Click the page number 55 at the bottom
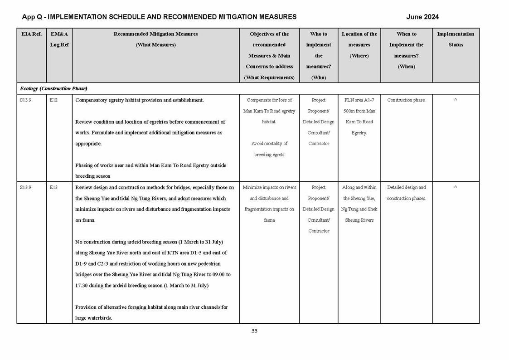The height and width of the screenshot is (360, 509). click(254, 331)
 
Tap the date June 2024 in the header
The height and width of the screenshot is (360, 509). click(422, 17)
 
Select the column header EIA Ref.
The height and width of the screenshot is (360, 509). click(31, 34)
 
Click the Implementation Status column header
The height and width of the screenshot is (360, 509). click(456, 39)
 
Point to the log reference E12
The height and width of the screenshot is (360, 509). click(53, 100)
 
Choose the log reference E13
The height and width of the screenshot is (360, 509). click(53, 187)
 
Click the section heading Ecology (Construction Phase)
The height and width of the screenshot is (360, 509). click(53, 88)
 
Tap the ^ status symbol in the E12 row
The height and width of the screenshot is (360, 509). click(456, 100)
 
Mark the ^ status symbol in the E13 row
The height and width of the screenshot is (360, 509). click(456, 187)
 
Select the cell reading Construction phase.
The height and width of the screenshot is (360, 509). click(406, 100)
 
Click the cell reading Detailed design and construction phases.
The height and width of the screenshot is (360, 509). click(406, 193)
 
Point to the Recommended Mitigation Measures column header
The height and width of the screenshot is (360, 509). click(155, 39)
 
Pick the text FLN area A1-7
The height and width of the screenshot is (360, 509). click(359, 100)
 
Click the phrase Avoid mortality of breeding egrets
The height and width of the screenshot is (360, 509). click(269, 149)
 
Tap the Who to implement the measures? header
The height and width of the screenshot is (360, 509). click(319, 56)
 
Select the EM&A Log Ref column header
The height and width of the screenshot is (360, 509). click(59, 39)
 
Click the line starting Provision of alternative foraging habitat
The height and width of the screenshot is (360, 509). click(151, 307)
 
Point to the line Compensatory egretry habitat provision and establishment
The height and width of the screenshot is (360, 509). click(140, 100)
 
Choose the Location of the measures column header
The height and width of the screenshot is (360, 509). click(359, 45)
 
